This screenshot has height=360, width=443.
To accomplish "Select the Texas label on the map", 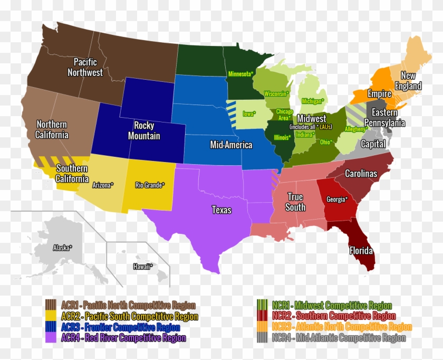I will pos(221,210).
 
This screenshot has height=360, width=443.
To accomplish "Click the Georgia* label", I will pos(337,200).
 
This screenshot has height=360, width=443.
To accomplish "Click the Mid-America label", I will pos(231,145).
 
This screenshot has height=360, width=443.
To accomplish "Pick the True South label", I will pos(295,202).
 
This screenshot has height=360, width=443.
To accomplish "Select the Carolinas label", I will pos(361,173).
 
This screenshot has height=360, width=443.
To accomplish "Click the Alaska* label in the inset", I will pos(63,247).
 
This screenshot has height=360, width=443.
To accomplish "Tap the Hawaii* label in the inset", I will pos(143,267).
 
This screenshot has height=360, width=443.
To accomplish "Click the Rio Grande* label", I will pos(150,185).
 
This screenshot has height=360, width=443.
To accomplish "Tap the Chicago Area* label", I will pos(285,115).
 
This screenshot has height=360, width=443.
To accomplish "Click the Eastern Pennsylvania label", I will pos(388,117).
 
